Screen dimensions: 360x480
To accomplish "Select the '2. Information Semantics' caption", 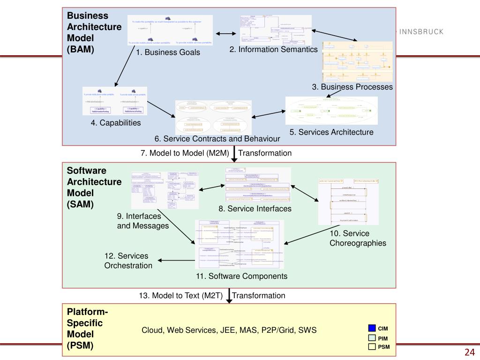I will pyautogui.click(x=273, y=49).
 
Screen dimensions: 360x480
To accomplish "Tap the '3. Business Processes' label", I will pyautogui.click(x=352, y=87).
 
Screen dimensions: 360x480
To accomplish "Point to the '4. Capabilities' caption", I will pyautogui.click(x=116, y=123).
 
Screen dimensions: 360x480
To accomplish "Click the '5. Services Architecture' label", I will pyautogui.click(x=331, y=132).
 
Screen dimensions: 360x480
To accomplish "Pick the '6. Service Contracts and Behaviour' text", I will pyautogui.click(x=217, y=139).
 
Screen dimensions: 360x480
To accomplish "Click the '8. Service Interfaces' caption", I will pyautogui.click(x=255, y=209).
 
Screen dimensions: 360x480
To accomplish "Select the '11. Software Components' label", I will pyautogui.click(x=242, y=276).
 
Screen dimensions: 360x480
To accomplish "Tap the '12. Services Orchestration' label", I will pyautogui.click(x=128, y=261).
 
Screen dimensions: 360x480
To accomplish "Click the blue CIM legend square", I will pyautogui.click(x=372, y=328).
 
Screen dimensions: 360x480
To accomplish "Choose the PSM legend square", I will pyautogui.click(x=372, y=347).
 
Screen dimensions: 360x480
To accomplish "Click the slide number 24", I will pyautogui.click(x=470, y=352).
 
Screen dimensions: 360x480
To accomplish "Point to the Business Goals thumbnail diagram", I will pyautogui.click(x=170, y=30).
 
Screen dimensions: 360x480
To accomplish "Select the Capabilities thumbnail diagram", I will pyautogui.click(x=115, y=101).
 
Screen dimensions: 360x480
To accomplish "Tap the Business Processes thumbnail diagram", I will pyautogui.click(x=357, y=61).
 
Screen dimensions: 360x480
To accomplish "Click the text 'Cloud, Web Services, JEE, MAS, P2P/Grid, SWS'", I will pyautogui.click(x=229, y=330).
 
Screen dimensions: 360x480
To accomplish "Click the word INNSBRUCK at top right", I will pyautogui.click(x=420, y=32).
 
